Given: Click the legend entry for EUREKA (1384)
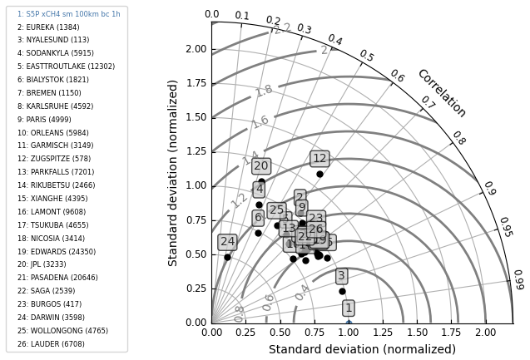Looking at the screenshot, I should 48,27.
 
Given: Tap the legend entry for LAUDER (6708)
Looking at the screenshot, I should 51,344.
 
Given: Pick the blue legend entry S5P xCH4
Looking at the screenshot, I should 68,14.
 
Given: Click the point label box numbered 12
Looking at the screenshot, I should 319,159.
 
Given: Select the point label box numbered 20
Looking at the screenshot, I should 261,166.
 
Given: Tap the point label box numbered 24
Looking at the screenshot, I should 227,242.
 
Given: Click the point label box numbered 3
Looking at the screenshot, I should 341,276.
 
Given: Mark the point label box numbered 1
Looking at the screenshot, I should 349,308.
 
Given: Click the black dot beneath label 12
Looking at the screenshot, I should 319,174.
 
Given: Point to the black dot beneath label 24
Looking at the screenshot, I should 227,257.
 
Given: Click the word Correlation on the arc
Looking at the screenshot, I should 441,93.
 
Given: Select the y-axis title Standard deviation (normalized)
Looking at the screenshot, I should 174,173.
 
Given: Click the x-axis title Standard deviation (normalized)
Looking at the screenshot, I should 362,349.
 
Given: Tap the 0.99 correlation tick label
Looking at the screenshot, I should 518,279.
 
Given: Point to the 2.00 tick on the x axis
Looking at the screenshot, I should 485,333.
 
